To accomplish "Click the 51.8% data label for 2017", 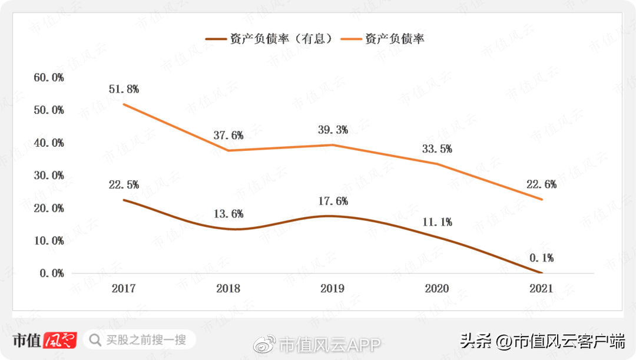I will (x=124, y=89).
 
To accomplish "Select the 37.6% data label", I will (x=228, y=135).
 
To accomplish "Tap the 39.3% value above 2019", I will (x=333, y=130).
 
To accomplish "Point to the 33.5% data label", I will (x=437, y=148).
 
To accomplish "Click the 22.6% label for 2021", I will (x=542, y=184).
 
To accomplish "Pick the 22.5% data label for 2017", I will (x=124, y=184).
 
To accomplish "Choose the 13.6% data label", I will (x=228, y=214).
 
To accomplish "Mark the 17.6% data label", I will (x=333, y=201).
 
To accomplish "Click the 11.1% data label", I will (x=437, y=222).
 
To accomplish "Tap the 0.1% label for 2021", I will (x=542, y=257).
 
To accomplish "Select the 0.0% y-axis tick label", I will (x=51, y=273).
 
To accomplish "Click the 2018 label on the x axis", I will (x=228, y=289).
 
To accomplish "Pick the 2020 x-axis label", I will (x=436, y=289).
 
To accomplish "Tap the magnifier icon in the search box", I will (x=95, y=339).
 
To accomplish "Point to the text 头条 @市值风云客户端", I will (x=542, y=341).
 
